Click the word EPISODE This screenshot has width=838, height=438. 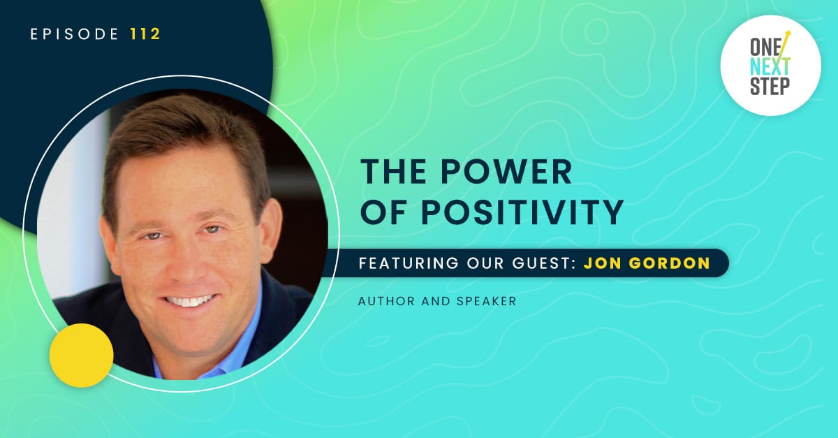point(75,34)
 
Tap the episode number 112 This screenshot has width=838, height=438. point(145,34)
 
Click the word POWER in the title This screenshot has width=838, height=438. point(506,172)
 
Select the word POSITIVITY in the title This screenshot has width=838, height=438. point(522,212)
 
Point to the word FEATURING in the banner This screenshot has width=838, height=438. point(409,263)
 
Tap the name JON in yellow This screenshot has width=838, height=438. point(601,263)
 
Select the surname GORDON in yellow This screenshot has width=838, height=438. point(669,263)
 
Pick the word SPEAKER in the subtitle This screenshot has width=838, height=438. point(486,301)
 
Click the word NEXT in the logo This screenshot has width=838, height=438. point(770,66)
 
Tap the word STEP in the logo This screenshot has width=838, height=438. point(770,86)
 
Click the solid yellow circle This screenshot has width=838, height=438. point(82,356)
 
